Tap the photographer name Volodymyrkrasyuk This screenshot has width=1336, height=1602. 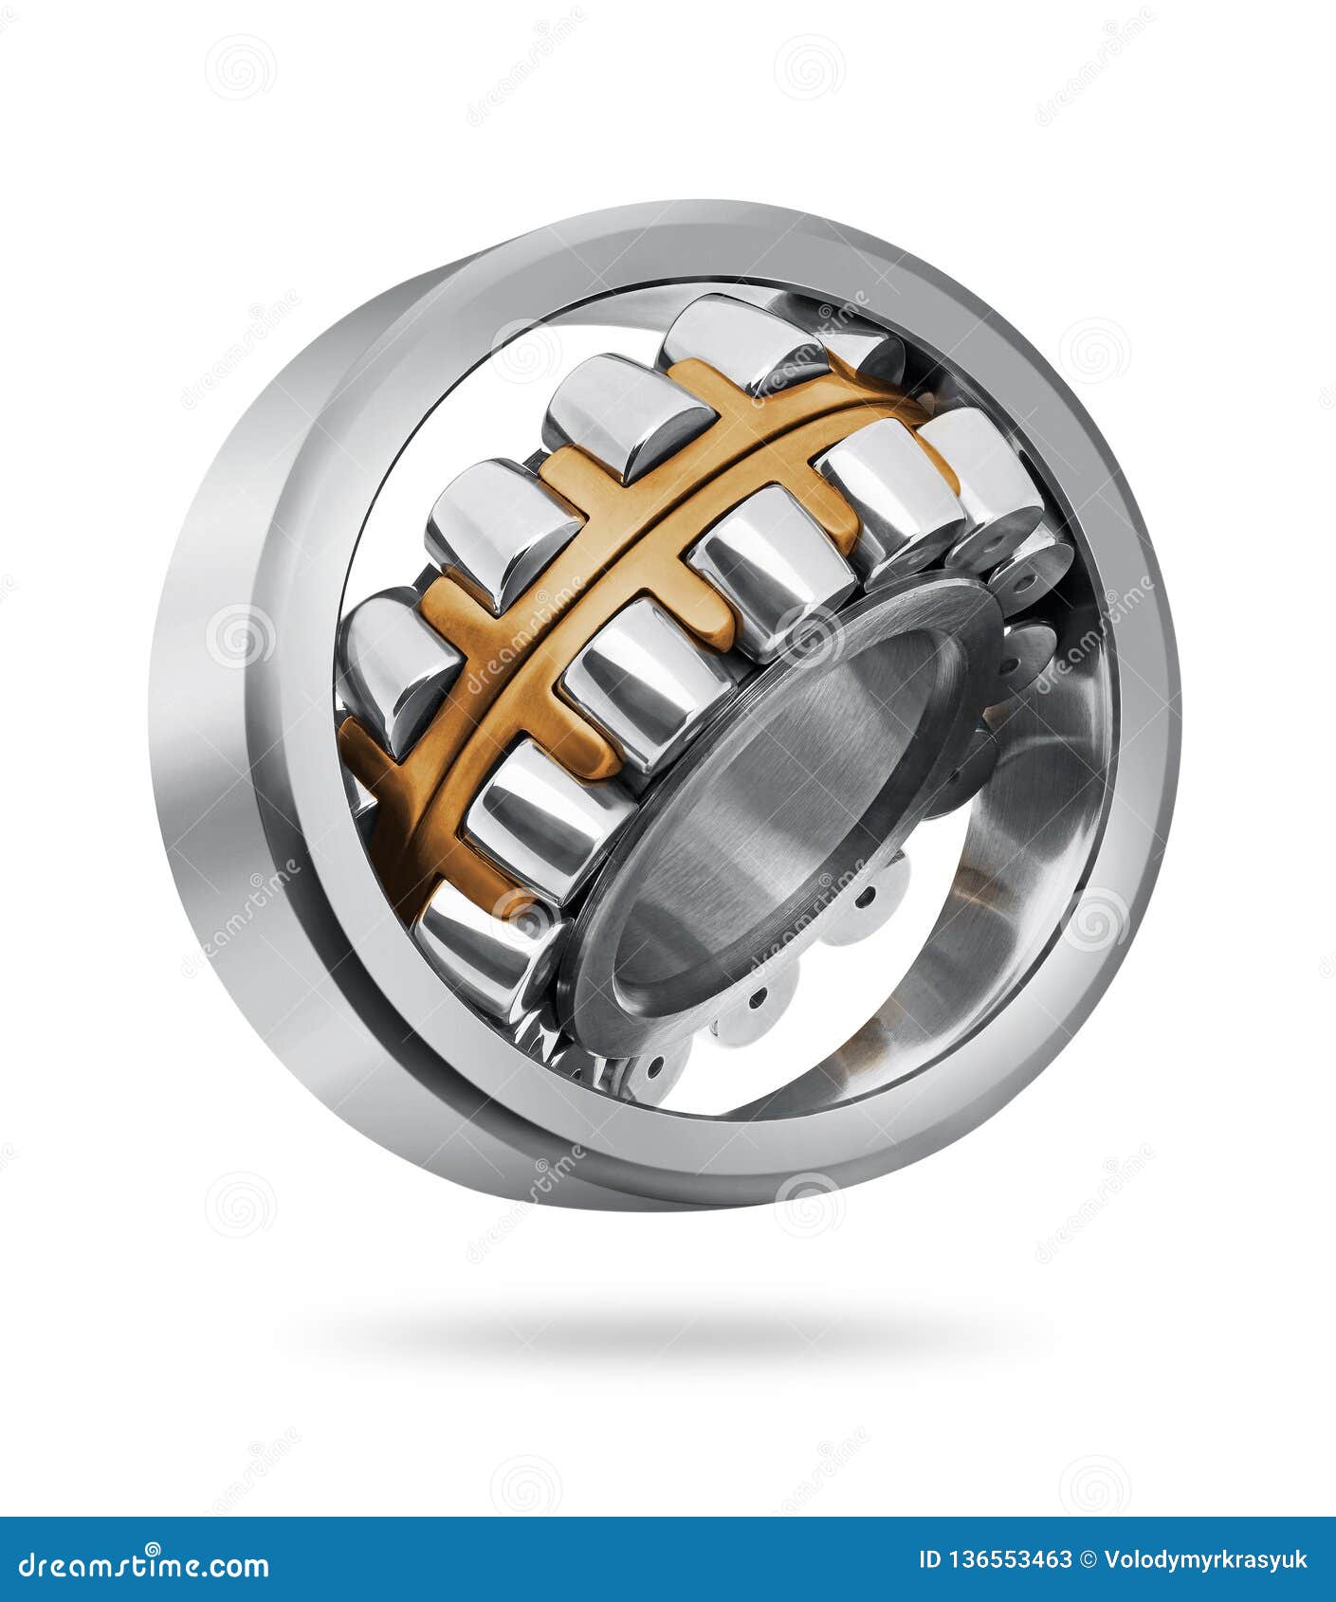1206,1560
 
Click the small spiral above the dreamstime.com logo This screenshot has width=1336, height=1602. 526,1484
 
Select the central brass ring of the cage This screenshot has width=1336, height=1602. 607,569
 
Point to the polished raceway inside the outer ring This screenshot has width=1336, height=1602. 1024,853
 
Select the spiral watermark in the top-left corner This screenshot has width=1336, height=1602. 241,67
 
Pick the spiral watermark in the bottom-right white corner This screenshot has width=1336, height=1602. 1095,1484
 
